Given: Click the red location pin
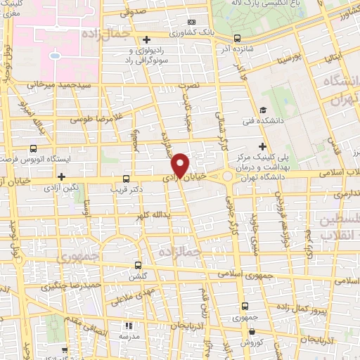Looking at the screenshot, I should pyautogui.click(x=181, y=165).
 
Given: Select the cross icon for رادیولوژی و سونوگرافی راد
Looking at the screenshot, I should pyautogui.click(x=146, y=39).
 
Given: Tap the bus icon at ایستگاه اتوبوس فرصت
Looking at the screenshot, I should pyautogui.click(x=33, y=149).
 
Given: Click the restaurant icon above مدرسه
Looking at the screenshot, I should pyautogui.click(x=128, y=326).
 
